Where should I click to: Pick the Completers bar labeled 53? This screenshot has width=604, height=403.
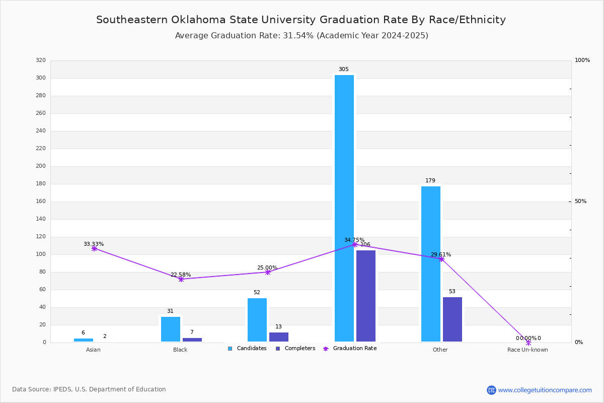coord(452,319)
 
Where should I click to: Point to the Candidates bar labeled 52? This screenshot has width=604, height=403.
coord(257,320)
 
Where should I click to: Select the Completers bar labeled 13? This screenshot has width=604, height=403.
coord(279,337)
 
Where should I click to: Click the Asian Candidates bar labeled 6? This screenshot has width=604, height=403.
coord(84,340)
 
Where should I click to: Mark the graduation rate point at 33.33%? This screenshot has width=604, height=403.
coord(94,248)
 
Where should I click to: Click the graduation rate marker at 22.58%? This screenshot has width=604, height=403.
coord(181,279)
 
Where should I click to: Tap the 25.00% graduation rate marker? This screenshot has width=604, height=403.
coord(268,272)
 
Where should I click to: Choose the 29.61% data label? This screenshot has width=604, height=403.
coord(441,254)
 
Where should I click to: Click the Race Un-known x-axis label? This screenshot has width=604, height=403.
coord(527,350)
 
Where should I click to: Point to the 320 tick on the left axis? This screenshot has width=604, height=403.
coord(41,60)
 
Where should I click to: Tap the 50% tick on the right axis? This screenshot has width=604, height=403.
coord(580,201)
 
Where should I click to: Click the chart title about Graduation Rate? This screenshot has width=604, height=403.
coord(301,20)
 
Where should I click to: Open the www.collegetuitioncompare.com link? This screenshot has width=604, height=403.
coord(545,390)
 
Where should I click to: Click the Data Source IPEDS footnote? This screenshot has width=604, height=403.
coord(89,389)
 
